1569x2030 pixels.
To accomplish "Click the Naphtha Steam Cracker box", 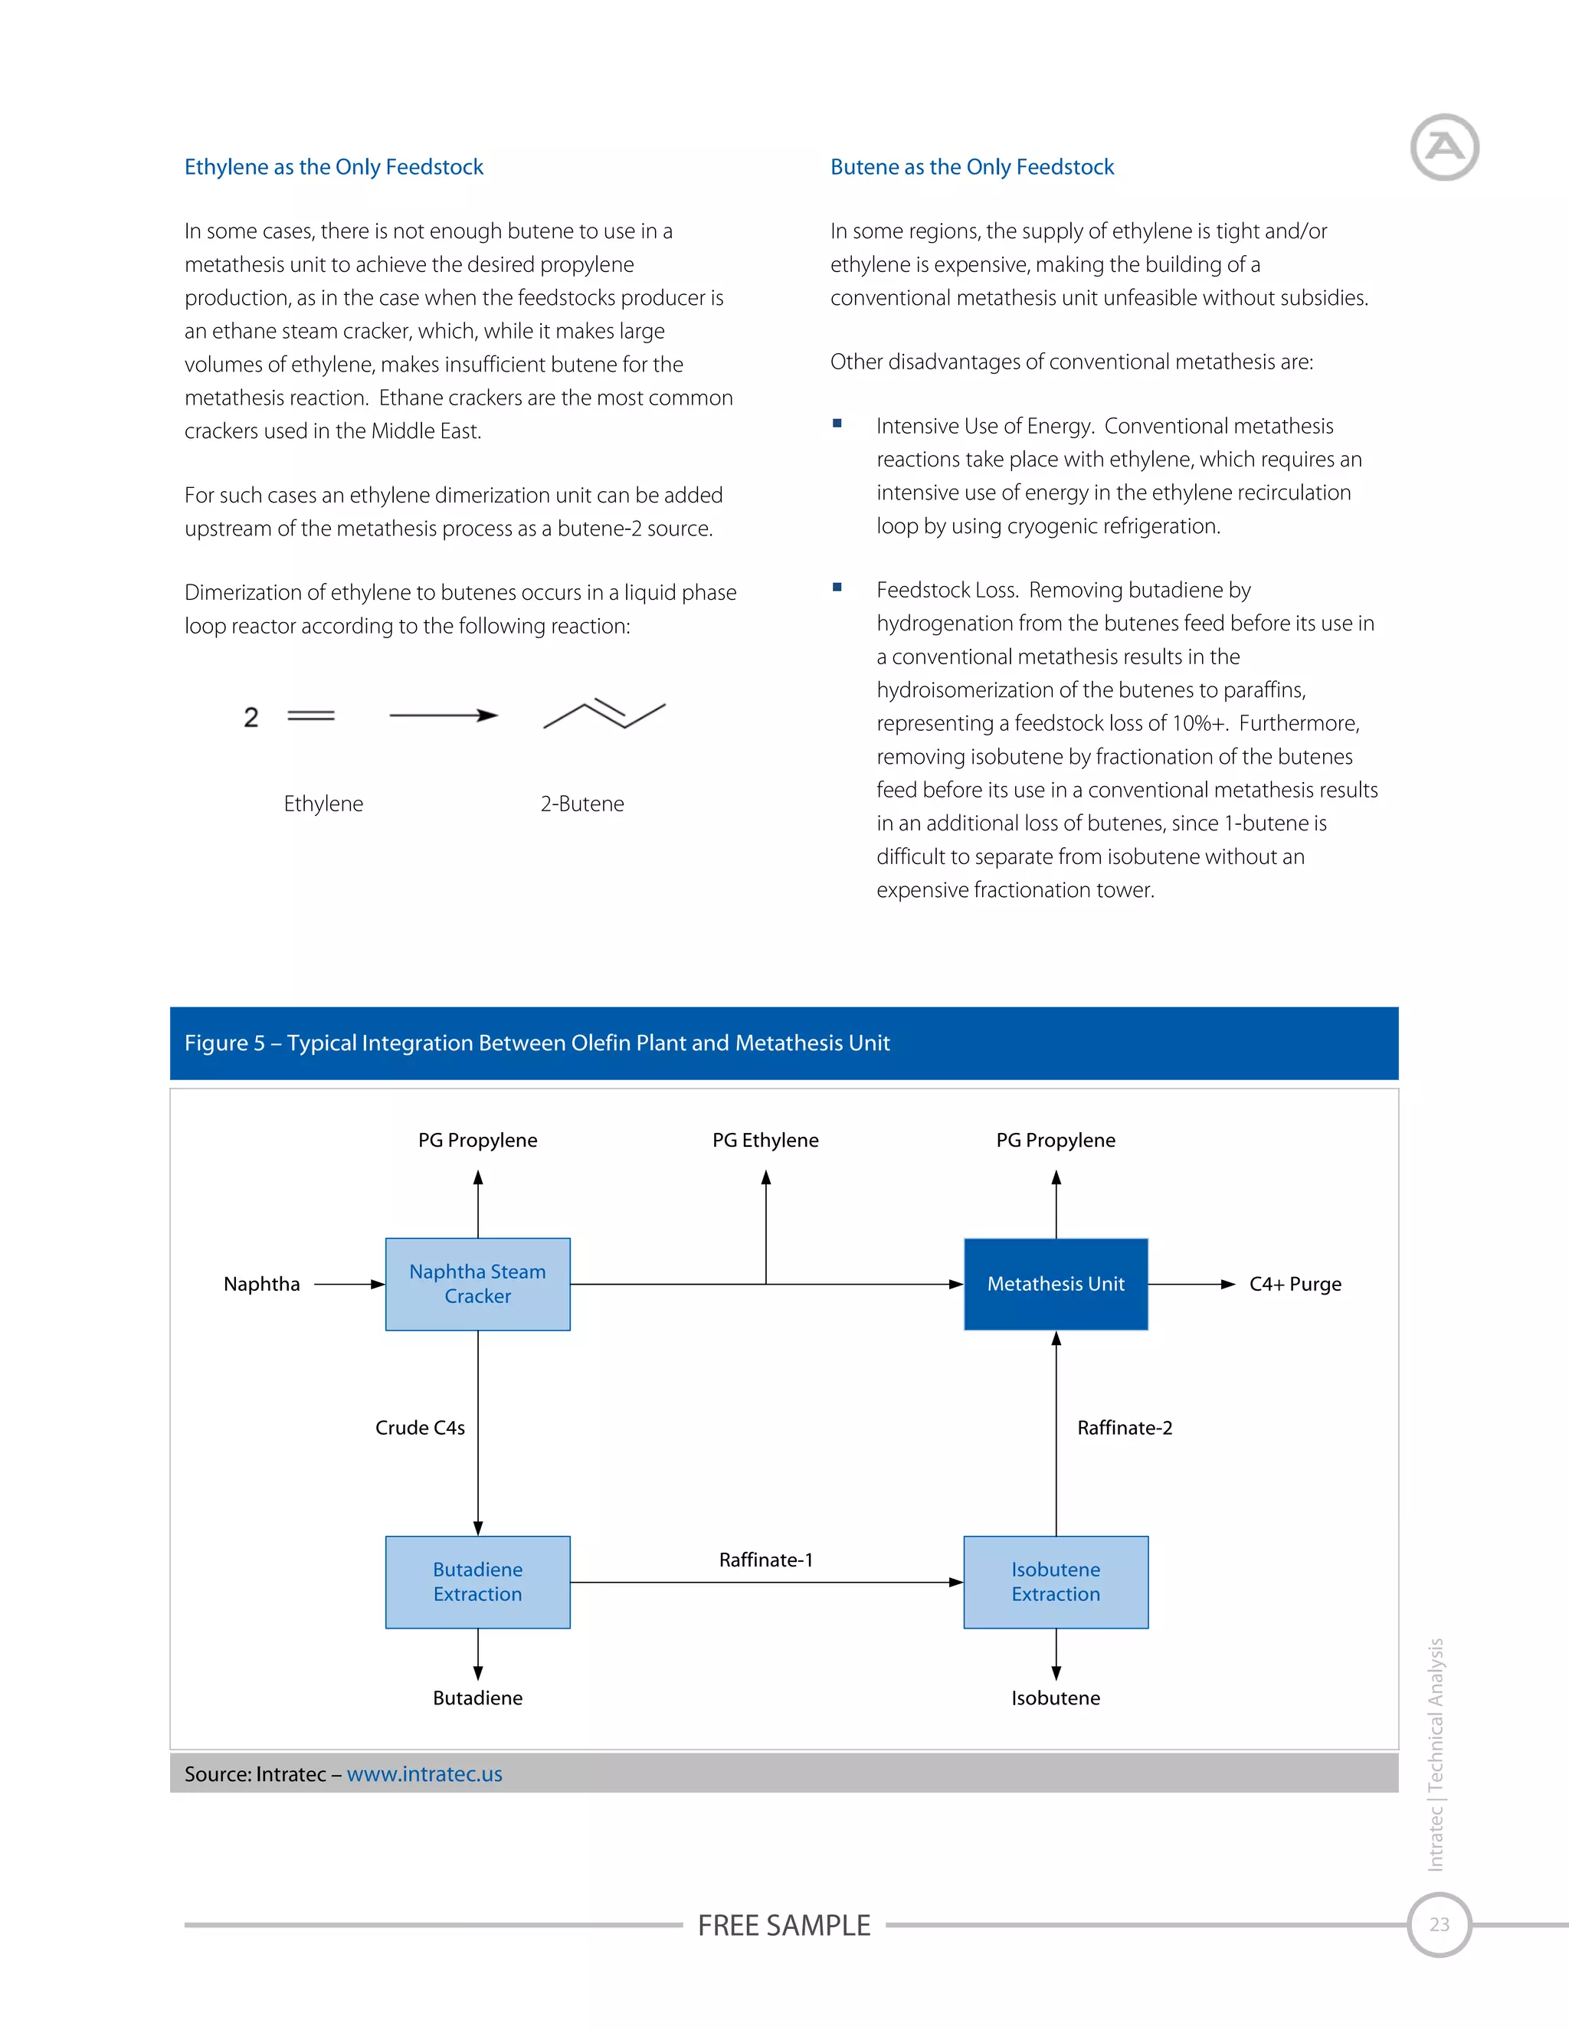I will pyautogui.click(x=478, y=1284).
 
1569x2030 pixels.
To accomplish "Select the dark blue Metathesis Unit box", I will pyautogui.click(x=1055, y=1284).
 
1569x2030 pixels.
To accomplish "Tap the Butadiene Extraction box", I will pyautogui.click(x=478, y=1582).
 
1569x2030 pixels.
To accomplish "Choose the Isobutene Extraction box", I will pyautogui.click(x=1055, y=1582).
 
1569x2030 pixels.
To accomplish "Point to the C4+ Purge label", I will pyautogui.click(x=1295, y=1284).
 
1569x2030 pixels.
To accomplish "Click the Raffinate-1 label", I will pyautogui.click(x=766, y=1560).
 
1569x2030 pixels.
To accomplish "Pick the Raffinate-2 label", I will pyautogui.click(x=1125, y=1428).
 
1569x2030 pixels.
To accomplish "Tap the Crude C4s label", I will pyautogui.click(x=420, y=1428).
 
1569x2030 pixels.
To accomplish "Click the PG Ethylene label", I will pyautogui.click(x=766, y=1141).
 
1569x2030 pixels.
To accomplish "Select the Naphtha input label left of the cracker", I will pyautogui.click(x=262, y=1284).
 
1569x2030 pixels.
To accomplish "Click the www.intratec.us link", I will pyautogui.click(x=424, y=1773).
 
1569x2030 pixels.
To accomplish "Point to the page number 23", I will pyautogui.click(x=1439, y=1924).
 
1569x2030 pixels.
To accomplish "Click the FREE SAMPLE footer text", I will pyautogui.click(x=784, y=1925).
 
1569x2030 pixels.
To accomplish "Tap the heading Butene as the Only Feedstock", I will pyautogui.click(x=971, y=167).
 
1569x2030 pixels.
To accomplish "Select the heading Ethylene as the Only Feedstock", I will pyautogui.click(x=334, y=167).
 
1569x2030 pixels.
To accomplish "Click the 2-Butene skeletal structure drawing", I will pyautogui.click(x=604, y=714).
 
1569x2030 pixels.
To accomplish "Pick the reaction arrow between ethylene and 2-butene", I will pyautogui.click(x=444, y=715).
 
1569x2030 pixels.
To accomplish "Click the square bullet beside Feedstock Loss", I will pyautogui.click(x=837, y=588).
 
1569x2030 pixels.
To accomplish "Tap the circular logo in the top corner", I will pyautogui.click(x=1444, y=147).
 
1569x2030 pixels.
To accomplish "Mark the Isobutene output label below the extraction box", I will pyautogui.click(x=1055, y=1698).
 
